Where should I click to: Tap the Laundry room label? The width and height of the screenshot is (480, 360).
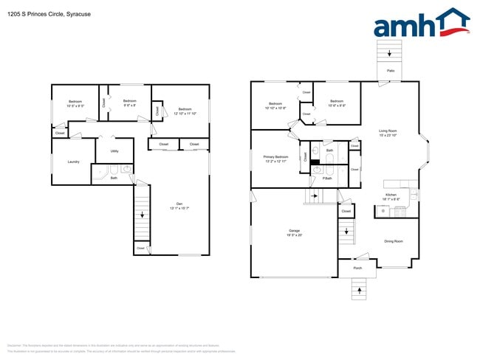73,162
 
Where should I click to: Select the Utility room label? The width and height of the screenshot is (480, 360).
114,151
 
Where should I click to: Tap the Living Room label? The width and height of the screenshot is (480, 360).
388,133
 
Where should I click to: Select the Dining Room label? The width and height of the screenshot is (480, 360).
393,241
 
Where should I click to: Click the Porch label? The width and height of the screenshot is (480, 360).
357,268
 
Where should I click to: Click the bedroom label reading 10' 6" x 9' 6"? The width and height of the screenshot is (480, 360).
337,103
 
